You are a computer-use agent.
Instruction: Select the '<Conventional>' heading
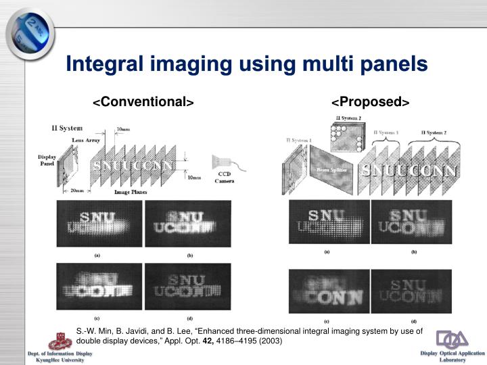(x=143, y=102)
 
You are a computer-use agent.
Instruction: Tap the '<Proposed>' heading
(x=371, y=102)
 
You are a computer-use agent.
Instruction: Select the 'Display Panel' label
(x=47, y=162)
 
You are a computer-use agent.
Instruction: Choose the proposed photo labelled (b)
(x=413, y=222)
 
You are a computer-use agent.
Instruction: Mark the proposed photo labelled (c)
(x=327, y=291)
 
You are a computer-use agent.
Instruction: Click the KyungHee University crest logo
(x=65, y=337)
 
